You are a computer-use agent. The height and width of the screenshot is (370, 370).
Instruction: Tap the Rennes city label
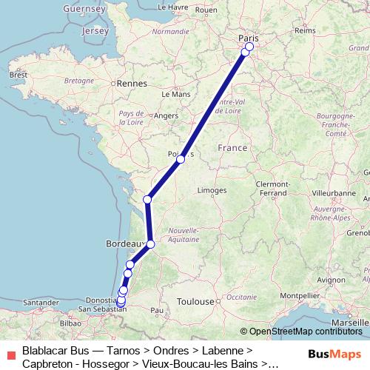tap(133, 84)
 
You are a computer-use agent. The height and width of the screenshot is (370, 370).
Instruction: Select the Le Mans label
tap(181, 94)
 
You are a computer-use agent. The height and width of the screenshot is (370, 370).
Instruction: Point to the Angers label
tap(166, 115)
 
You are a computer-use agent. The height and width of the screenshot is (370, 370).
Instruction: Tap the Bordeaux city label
tap(121, 242)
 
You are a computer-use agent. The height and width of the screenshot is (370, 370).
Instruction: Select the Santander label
tap(41, 303)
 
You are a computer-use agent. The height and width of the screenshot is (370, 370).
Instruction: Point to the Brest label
tap(17, 75)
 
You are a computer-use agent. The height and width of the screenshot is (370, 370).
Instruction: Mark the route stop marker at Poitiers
tap(181, 159)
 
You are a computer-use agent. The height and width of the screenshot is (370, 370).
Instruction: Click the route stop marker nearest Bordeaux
tap(150, 244)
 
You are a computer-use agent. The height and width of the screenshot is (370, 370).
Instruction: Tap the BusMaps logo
tap(334, 354)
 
